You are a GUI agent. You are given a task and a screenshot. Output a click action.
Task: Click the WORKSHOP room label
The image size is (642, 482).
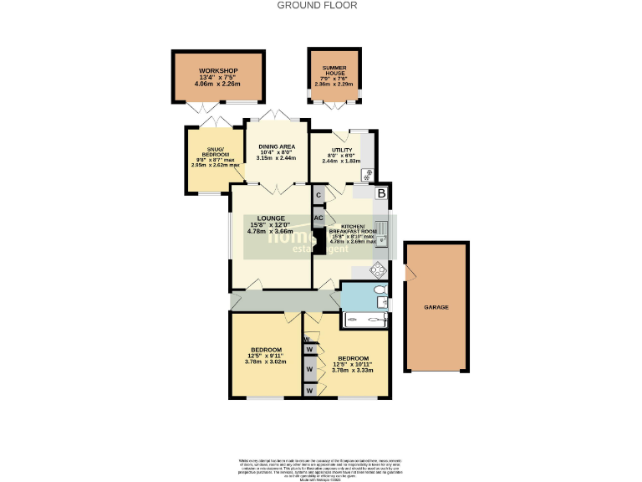click(217, 70)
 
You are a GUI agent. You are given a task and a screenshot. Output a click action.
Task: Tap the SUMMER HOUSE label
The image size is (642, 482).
click(334, 70)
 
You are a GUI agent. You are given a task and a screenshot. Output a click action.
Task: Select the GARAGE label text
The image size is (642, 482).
click(435, 307)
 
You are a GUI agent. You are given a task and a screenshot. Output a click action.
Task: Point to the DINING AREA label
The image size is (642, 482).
click(277, 146)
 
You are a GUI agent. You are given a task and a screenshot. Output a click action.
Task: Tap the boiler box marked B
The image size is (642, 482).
click(381, 194)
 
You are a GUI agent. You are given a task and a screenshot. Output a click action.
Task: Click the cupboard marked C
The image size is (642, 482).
click(318, 195)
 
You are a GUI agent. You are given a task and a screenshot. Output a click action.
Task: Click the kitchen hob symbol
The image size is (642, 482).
click(378, 269)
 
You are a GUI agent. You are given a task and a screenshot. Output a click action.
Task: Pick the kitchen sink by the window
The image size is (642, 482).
click(381, 228)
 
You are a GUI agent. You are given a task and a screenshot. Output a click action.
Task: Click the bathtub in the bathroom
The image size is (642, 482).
click(366, 319)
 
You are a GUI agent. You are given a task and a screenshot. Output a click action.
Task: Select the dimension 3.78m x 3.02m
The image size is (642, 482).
click(266, 361)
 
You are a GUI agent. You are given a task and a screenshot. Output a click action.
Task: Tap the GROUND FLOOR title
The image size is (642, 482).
click(318, 5)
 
